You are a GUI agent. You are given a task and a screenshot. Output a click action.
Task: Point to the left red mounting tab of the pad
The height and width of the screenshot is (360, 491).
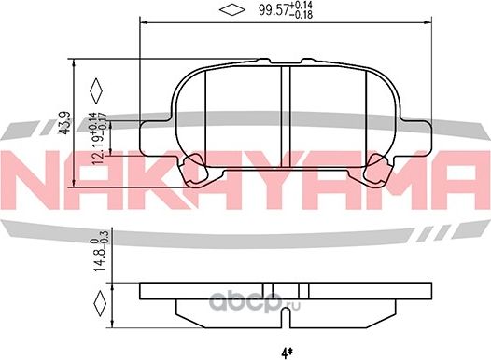click(x=195, y=170)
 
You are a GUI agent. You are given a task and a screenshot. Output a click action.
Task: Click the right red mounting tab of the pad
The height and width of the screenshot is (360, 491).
click(x=379, y=170)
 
